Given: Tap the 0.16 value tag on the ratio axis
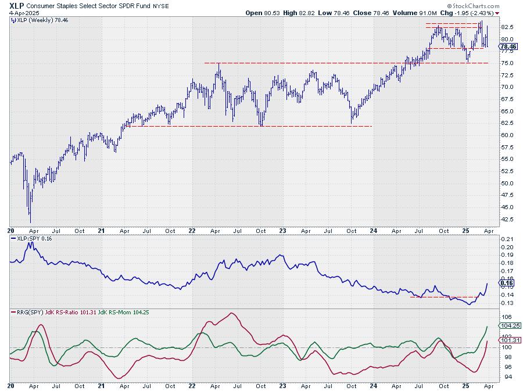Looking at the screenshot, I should [506, 283].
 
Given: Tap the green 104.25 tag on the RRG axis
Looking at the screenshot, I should [508, 326].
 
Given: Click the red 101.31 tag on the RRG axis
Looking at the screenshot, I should [508, 340].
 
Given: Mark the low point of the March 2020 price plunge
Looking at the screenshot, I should [30, 222].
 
